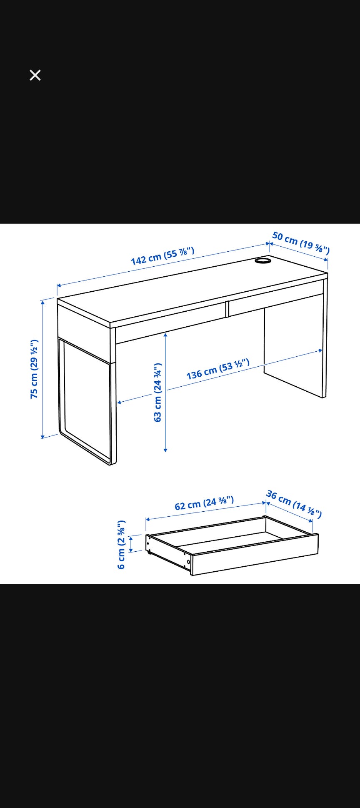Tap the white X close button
click(35, 75)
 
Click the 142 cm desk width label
click(162, 256)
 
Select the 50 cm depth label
click(301, 243)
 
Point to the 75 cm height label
click(35, 369)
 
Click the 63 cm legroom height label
click(157, 392)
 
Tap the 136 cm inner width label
click(218, 369)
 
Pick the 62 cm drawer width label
click(204, 503)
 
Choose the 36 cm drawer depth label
click(294, 504)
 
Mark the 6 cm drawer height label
click(121, 544)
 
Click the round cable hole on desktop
click(262, 261)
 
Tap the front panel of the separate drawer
click(255, 555)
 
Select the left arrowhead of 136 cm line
click(120, 402)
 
